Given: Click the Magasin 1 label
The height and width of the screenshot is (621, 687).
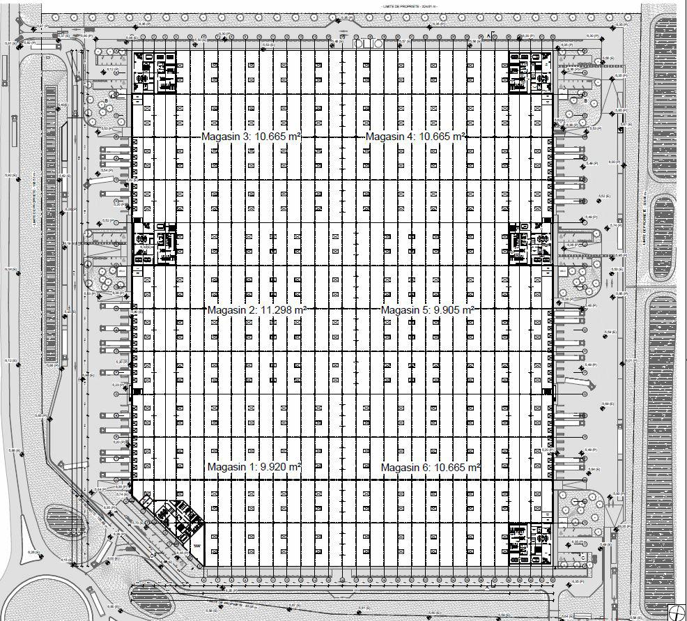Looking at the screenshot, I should point(230,467).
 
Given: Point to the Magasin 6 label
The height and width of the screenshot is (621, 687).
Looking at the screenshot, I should point(405,467).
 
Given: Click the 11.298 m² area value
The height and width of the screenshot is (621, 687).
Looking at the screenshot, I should point(283,309).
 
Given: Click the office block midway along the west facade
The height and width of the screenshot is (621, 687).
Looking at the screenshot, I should point(155,243).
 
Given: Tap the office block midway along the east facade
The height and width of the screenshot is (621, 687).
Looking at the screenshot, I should point(531,243).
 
